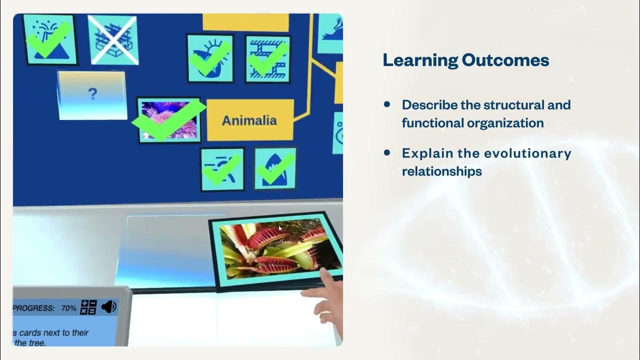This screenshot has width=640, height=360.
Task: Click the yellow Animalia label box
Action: click(249, 120)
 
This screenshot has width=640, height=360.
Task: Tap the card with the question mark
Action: click(92, 95)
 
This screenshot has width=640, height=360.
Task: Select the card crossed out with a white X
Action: click(113, 39)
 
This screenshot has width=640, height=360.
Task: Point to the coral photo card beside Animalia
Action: click(169, 119)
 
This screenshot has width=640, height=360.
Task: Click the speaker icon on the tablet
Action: click(108, 307)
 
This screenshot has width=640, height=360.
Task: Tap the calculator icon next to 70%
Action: click(88, 307)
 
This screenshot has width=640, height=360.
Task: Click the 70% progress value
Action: click(68, 308)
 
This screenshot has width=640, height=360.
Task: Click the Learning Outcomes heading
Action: click(465, 60)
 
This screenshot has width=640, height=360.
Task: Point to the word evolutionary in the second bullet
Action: click(521, 153)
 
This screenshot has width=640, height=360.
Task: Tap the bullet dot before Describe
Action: click(386, 104)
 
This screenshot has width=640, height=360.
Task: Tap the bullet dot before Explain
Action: click(386, 152)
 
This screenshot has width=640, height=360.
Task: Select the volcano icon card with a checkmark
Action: click(50, 39)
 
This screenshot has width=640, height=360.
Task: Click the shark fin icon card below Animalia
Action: click(274, 169)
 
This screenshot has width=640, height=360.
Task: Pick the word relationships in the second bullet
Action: click(441, 171)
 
